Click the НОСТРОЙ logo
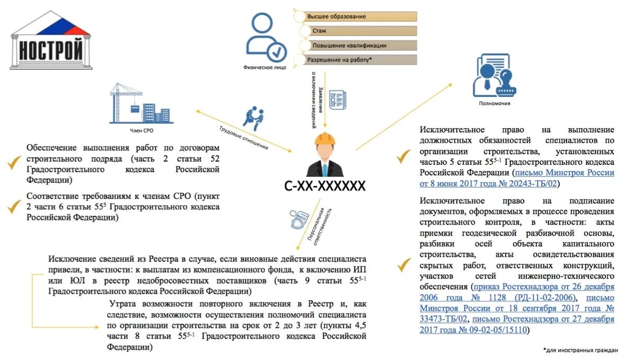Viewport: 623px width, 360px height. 51,41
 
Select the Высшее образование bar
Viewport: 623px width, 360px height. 356,17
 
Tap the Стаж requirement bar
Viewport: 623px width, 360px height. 356,31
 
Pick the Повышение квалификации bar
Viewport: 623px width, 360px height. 356,46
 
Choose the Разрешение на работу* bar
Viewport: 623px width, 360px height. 356,60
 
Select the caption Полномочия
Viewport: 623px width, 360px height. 494,104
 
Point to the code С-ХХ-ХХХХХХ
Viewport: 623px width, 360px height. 325,185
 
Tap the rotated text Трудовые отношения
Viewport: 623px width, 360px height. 243,138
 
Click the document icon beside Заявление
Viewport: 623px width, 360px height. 337,99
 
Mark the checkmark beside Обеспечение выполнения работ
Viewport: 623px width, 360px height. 14,163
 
